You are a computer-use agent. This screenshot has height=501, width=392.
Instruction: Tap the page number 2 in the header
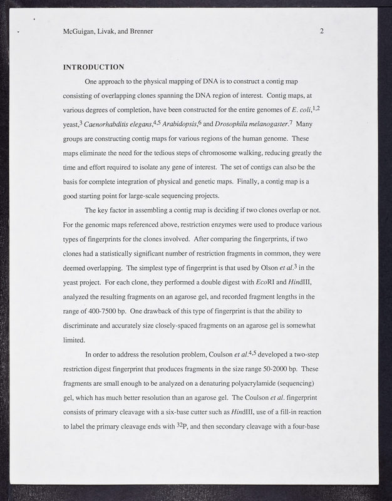pos(321,31)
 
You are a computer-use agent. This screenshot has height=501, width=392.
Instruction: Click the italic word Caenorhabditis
pos(118,125)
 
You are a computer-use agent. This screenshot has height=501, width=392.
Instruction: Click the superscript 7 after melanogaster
pos(291,122)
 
